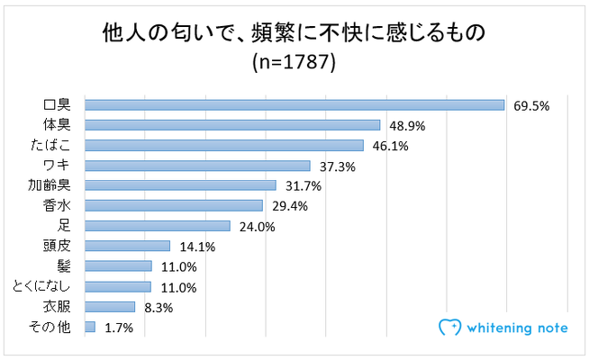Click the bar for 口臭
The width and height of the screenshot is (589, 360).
(x=294, y=104)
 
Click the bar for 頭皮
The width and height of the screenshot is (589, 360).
(x=127, y=246)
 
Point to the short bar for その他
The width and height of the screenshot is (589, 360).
(x=90, y=327)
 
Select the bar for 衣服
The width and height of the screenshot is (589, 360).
(x=110, y=306)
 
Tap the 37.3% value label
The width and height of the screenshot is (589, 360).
(x=337, y=166)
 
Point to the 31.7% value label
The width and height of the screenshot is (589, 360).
(x=303, y=186)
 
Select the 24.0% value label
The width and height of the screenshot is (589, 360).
(x=257, y=226)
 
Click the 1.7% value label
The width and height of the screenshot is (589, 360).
(x=118, y=328)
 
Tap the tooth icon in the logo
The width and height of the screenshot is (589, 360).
(x=448, y=328)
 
